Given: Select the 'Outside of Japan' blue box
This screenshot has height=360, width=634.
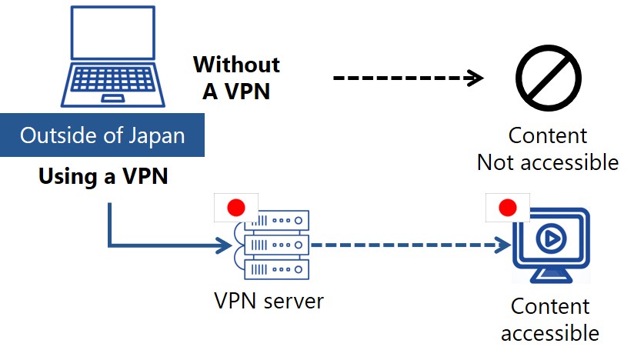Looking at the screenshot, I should pos(102,136).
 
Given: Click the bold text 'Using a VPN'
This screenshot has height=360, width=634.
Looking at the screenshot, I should pos(103,178).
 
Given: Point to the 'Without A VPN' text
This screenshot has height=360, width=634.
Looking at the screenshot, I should pos(236,77).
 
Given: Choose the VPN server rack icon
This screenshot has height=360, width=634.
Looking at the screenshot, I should pos(276,245).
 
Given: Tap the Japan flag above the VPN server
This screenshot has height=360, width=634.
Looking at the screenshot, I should pos(236,207).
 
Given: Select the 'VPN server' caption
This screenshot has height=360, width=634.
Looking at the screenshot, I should pos(269,300).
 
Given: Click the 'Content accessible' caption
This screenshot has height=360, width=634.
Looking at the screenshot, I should pos(550,319).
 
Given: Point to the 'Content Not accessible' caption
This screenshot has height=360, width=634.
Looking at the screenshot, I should pos(548,149).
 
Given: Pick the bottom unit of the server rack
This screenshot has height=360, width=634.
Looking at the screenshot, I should pos(276,269).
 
